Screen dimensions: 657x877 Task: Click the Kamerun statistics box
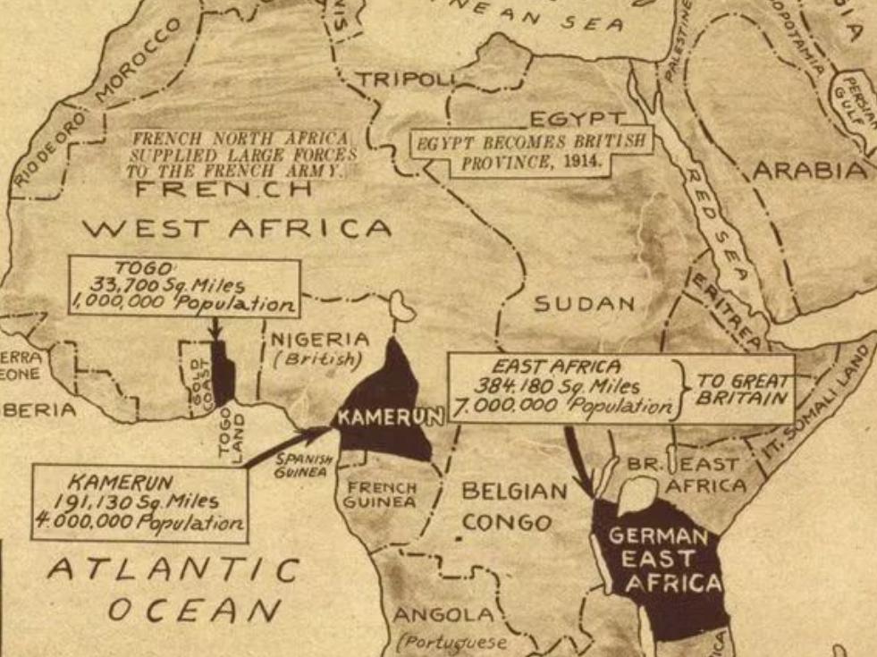click(139, 502)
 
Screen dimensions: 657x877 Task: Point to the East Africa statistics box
click(565, 387)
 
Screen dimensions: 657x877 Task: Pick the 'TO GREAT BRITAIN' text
click(745, 388)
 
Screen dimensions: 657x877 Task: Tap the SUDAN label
click(585, 304)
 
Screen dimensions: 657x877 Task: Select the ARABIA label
click(810, 171)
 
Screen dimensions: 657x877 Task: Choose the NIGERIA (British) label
click(318, 349)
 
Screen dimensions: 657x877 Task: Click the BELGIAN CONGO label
click(513, 506)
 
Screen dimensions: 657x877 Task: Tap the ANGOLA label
click(443, 615)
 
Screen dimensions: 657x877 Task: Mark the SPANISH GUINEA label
click(306, 465)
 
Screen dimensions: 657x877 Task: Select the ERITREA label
click(726, 313)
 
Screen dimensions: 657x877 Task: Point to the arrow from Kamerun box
click(285, 446)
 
